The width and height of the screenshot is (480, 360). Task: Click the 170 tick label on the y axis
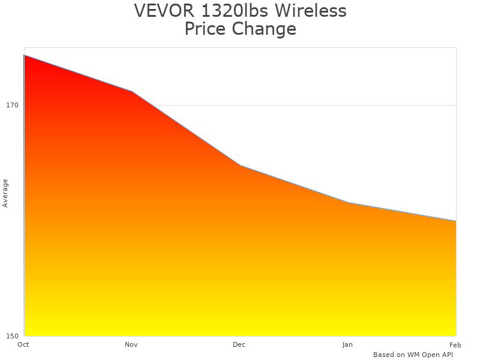pyautogui.click(x=12, y=105)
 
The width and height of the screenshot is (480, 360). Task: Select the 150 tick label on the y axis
pyautogui.click(x=12, y=335)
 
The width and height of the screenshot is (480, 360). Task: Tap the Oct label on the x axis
pyautogui.click(x=23, y=344)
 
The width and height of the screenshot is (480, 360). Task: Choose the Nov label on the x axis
pyautogui.click(x=131, y=344)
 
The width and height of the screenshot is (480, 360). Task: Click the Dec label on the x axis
pyautogui.click(x=239, y=344)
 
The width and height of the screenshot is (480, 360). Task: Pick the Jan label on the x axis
pyautogui.click(x=347, y=344)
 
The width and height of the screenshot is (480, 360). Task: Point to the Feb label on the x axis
pyautogui.click(x=455, y=344)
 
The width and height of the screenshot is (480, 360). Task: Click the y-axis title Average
pyautogui.click(x=5, y=193)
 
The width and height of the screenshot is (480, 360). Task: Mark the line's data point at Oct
pyautogui.click(x=24, y=55)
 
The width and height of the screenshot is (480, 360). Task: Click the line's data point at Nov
pyautogui.click(x=132, y=91)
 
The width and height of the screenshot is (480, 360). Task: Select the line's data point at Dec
pyautogui.click(x=240, y=165)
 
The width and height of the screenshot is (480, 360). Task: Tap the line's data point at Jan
pyautogui.click(x=348, y=202)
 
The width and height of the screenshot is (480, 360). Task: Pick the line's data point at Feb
pyautogui.click(x=455, y=221)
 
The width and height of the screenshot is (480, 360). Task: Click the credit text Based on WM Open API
pyautogui.click(x=413, y=355)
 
